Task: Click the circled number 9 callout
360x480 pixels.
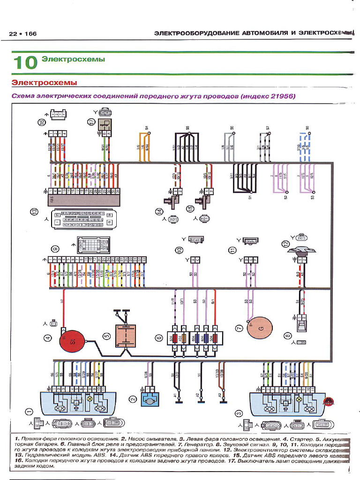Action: click(55, 248)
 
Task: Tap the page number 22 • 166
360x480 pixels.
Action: click(22, 34)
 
